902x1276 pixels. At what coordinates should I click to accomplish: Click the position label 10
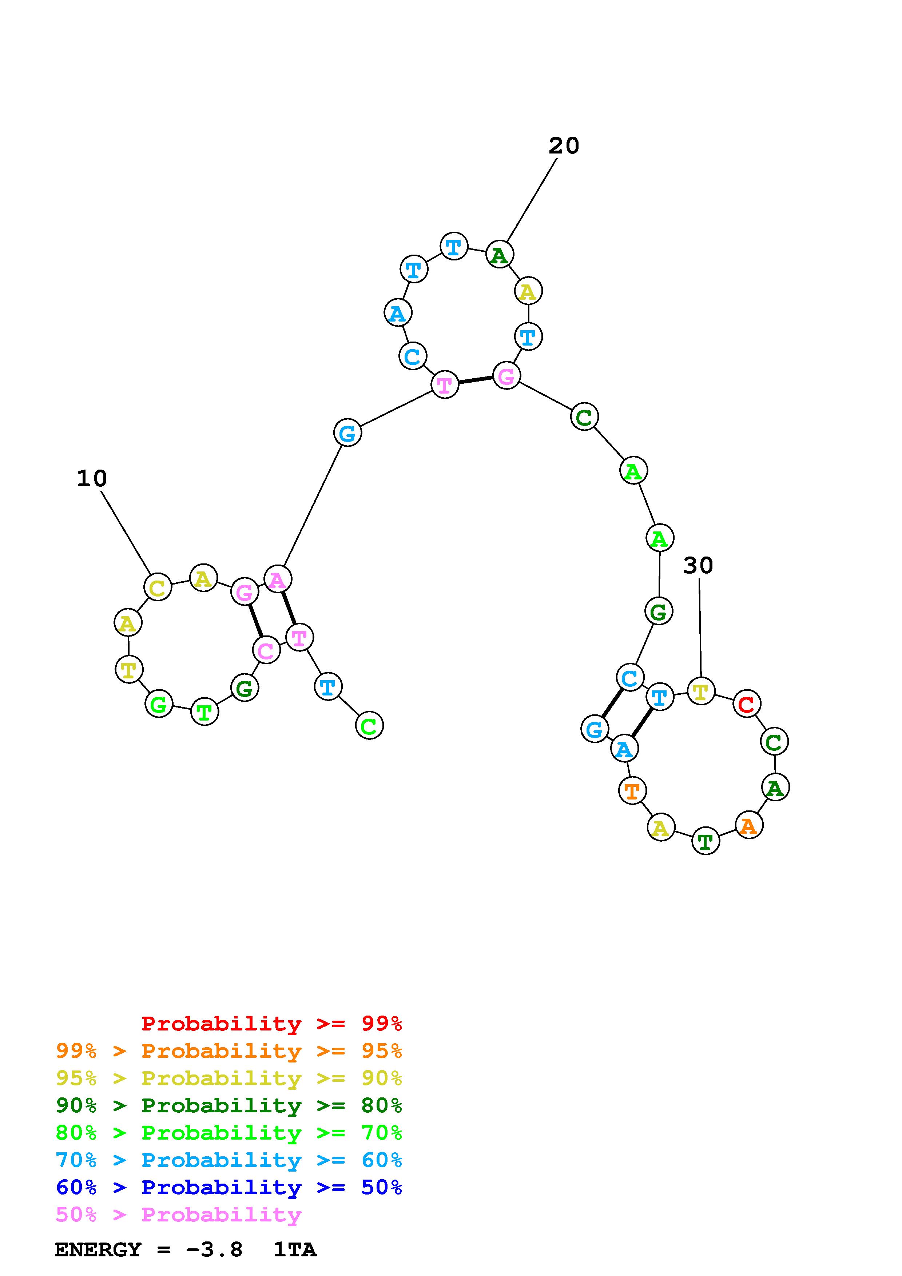coord(92,479)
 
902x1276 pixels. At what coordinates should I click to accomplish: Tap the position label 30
coord(698,566)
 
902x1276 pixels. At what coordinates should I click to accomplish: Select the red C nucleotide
coord(746,704)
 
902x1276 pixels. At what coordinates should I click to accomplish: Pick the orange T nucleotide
coord(632,790)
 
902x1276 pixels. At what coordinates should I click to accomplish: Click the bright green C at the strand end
coord(369,726)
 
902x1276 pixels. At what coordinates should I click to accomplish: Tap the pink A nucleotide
coord(277,580)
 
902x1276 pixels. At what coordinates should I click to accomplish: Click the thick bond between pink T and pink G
coord(475,380)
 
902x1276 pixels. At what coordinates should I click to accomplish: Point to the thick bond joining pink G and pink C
coord(255,621)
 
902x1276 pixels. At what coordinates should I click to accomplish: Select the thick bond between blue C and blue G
coord(612,703)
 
